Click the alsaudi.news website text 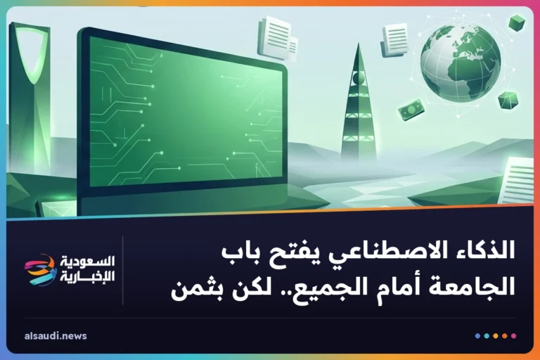point(56,336)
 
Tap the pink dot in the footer point(513,336)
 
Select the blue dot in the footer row point(477,336)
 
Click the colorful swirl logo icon point(40,270)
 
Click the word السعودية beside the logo point(87,262)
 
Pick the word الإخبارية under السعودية point(87,276)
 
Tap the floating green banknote point(411,110)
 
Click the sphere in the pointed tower point(358,79)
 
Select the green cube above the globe point(517,22)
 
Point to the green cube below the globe point(508,101)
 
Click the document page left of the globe point(395,39)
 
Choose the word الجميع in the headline point(323,289)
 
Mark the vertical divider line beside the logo point(122,271)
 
